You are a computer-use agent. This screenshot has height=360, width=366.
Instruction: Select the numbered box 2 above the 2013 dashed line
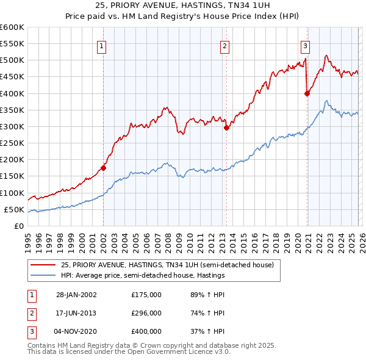pos(224,45)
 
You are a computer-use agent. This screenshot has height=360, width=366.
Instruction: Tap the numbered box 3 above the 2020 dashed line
pos(305,45)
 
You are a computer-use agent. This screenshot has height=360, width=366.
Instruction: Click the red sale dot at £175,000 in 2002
pos(103,168)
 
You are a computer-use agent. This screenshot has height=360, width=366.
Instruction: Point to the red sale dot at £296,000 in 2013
pos(226,128)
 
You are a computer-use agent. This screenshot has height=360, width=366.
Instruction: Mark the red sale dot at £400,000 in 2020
pos(307,93)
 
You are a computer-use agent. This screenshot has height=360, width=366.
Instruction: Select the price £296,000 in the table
pos(146,313)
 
